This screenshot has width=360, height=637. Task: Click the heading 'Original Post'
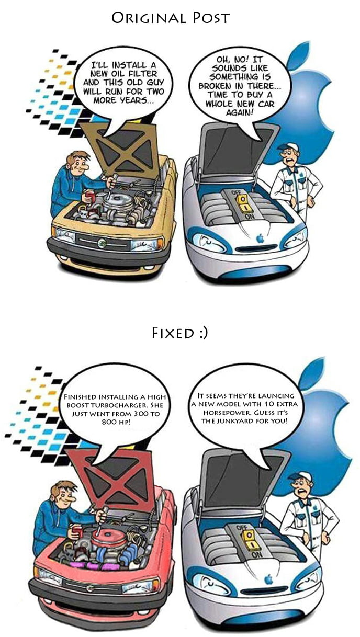coord(171,18)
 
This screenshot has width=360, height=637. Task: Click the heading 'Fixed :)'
coord(179,333)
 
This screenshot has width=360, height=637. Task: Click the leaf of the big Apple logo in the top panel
coord(300,56)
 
